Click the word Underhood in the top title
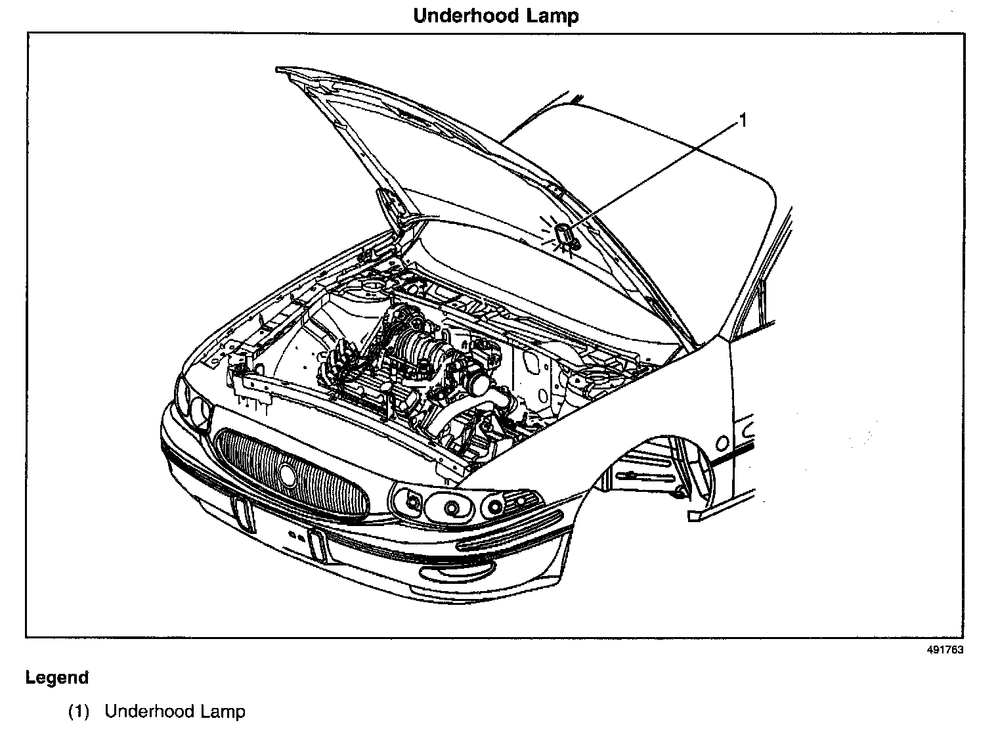(x=466, y=16)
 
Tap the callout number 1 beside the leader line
(x=743, y=120)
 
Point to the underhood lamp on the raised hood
(x=564, y=234)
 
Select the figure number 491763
(x=945, y=650)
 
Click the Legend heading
(x=57, y=678)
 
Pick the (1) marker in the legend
(x=78, y=711)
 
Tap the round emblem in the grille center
(x=288, y=473)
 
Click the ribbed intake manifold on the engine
(x=414, y=348)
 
